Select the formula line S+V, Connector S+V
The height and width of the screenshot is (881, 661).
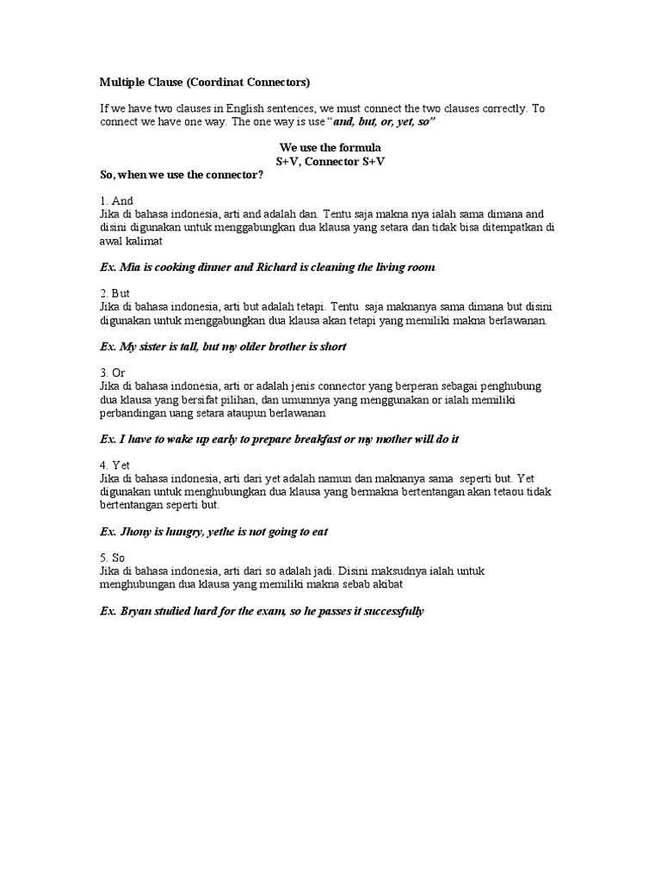pos(330,162)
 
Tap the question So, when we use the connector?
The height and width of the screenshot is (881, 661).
pos(182,175)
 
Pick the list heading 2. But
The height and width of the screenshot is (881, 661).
pos(115,293)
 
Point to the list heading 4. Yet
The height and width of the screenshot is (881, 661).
pos(115,465)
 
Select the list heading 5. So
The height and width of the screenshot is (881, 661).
pos(114,558)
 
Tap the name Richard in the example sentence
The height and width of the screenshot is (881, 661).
pos(278,268)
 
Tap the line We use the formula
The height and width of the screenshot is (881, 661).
pos(330,148)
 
